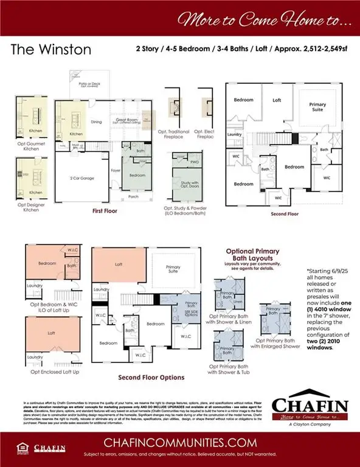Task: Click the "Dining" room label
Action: click(x=96, y=122)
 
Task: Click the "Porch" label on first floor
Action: click(x=133, y=197)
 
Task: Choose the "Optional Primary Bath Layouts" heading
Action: click(x=252, y=254)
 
